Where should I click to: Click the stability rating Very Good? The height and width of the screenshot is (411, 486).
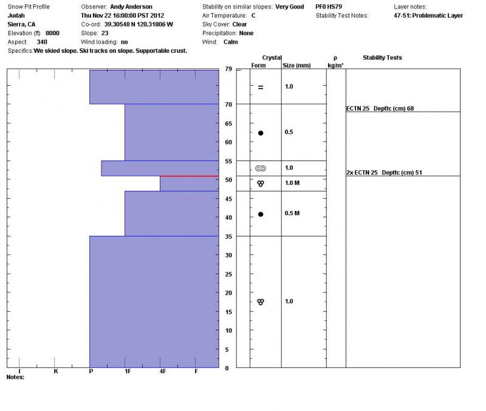pyautogui.click(x=289, y=7)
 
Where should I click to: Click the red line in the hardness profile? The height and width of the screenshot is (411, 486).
pyautogui.click(x=189, y=176)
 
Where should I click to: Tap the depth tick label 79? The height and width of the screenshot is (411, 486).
pyautogui.click(x=228, y=69)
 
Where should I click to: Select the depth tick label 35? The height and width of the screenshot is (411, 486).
pyautogui.click(x=228, y=237)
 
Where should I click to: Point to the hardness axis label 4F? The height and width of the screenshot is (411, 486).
pyautogui.click(x=163, y=371)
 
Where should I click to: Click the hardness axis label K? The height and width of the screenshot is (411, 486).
pyautogui.click(x=56, y=371)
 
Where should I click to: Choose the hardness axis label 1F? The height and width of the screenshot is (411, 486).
pyautogui.click(x=127, y=371)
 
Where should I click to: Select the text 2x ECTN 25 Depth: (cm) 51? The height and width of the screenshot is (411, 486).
pyautogui.click(x=384, y=173)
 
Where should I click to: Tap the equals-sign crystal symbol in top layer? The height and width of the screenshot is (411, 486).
pyautogui.click(x=261, y=87)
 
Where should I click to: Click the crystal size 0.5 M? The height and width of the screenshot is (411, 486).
pyautogui.click(x=292, y=213)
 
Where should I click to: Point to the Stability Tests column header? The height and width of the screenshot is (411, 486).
pyautogui.click(x=382, y=58)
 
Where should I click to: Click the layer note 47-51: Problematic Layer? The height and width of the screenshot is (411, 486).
pyautogui.click(x=428, y=16)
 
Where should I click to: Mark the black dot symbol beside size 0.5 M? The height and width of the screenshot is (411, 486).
pyautogui.click(x=261, y=214)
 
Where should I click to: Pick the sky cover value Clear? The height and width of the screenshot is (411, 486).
pyautogui.click(x=239, y=24)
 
